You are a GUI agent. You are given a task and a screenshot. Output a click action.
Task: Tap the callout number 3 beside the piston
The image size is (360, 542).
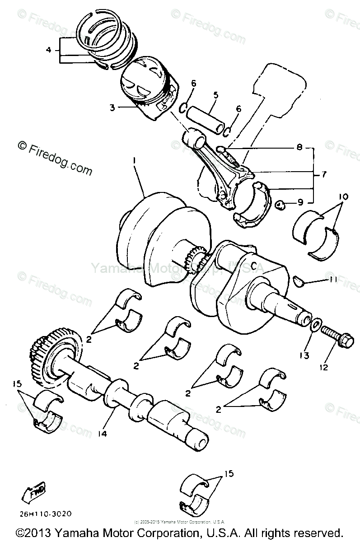(x=112, y=107)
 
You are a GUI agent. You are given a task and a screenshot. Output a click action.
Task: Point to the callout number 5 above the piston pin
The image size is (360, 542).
(x=216, y=95)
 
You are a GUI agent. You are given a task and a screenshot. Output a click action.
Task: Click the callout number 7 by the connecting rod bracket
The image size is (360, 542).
(x=325, y=173)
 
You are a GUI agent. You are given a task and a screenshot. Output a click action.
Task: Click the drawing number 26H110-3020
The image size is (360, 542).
(x=45, y=514)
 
